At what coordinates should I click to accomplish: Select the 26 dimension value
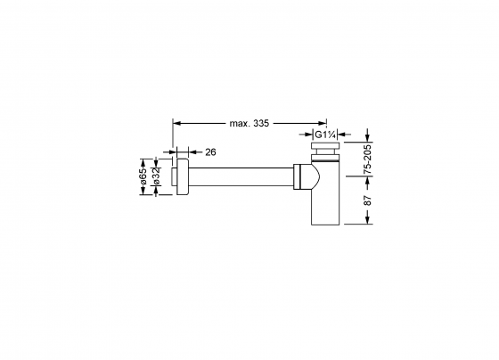coord(211,151)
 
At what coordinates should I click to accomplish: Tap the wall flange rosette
coord(182,177)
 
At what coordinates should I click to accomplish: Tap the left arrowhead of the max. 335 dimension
coord(176,122)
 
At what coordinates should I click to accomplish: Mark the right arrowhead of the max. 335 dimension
coord(323,122)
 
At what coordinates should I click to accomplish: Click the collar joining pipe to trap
coord(295,177)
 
